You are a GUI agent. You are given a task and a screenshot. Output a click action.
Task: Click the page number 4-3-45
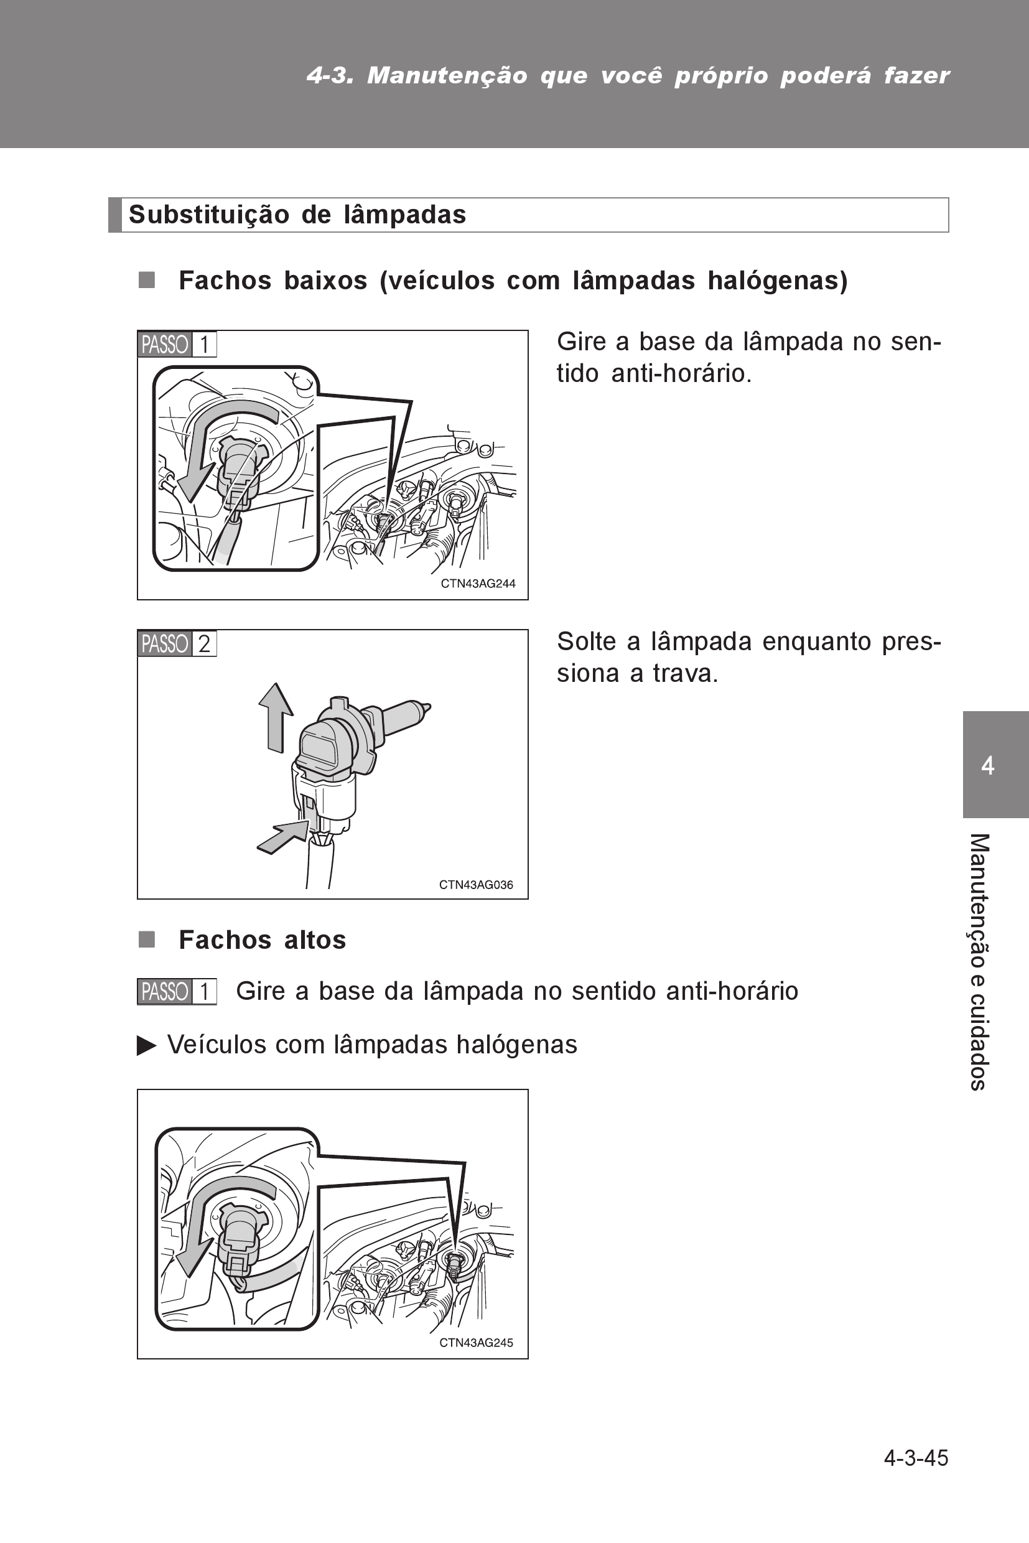pos(916,1458)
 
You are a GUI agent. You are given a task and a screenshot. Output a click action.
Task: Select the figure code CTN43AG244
pos(478,584)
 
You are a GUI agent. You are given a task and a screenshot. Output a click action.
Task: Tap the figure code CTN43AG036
pos(476,885)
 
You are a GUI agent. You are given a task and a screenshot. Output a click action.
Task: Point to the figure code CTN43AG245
pos(476,1343)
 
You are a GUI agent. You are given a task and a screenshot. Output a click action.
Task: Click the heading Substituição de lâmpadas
pos(297,215)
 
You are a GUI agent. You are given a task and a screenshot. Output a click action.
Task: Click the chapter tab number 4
pos(988,765)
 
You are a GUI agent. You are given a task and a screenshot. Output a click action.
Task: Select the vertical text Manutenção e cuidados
pos(979,962)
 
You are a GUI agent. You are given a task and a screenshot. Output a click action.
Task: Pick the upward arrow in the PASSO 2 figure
pos(276,717)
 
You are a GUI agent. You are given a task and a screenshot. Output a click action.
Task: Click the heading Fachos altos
pos(262,940)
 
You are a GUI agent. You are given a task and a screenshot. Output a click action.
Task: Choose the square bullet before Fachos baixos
pos(146,280)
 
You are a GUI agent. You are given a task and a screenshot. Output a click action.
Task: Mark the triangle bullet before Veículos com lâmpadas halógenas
pos(146,1045)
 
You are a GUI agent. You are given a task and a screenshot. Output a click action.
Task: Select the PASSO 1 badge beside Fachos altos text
pos(177,991)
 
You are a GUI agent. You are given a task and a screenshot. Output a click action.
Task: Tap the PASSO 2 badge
pos(177,643)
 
